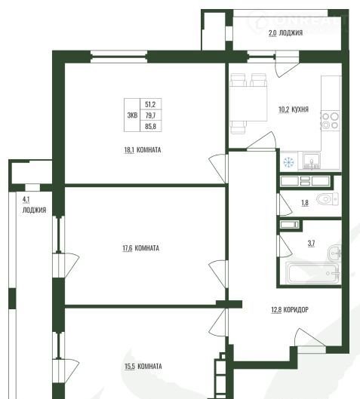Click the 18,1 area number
click(x=129, y=150)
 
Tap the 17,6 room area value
click(x=128, y=248)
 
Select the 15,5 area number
click(x=130, y=367)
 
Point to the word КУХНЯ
click(x=300, y=109)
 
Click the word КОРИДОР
click(x=296, y=310)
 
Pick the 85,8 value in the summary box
click(x=150, y=126)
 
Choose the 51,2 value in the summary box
click(x=150, y=104)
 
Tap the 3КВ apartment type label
click(x=132, y=115)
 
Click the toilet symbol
click(x=328, y=198)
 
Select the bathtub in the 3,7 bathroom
click(x=313, y=273)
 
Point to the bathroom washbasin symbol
click(x=334, y=253)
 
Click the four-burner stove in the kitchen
click(x=331, y=121)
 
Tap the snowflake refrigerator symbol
click(x=289, y=163)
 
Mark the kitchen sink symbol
click(x=312, y=161)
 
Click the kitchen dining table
click(x=248, y=103)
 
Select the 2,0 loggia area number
click(x=272, y=33)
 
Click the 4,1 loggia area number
click(x=26, y=199)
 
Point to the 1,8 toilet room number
click(x=305, y=203)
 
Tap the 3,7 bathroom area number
click(x=311, y=244)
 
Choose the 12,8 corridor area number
click(x=276, y=310)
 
